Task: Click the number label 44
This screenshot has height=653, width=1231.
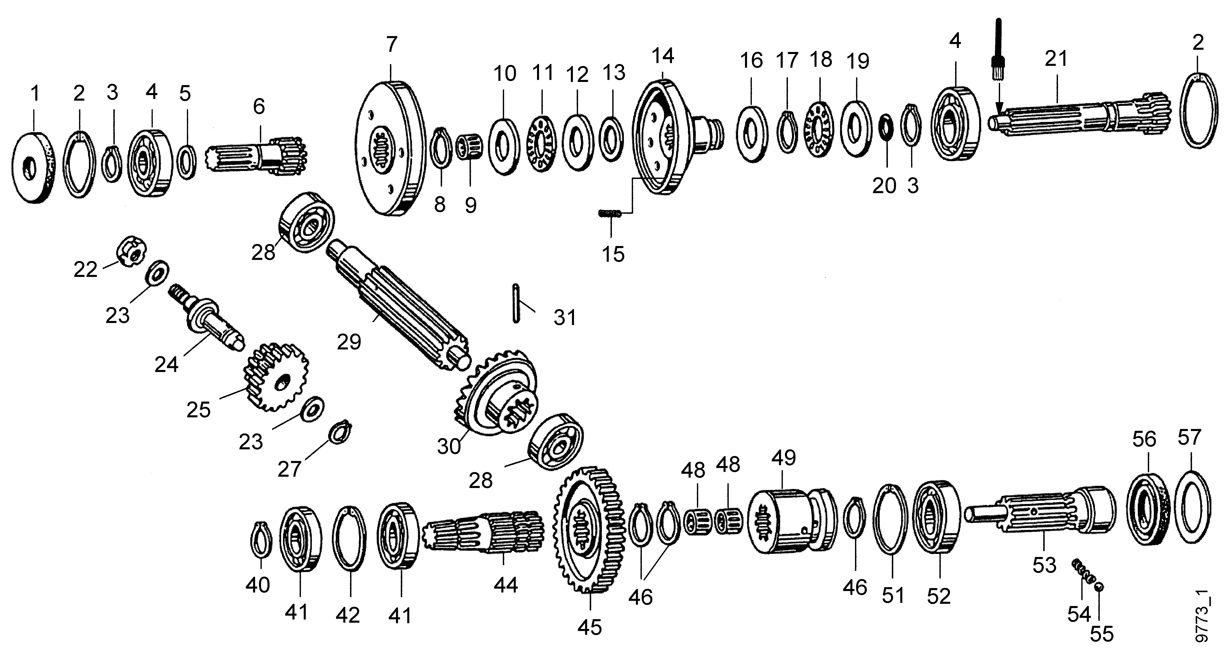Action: pyautogui.click(x=506, y=585)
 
